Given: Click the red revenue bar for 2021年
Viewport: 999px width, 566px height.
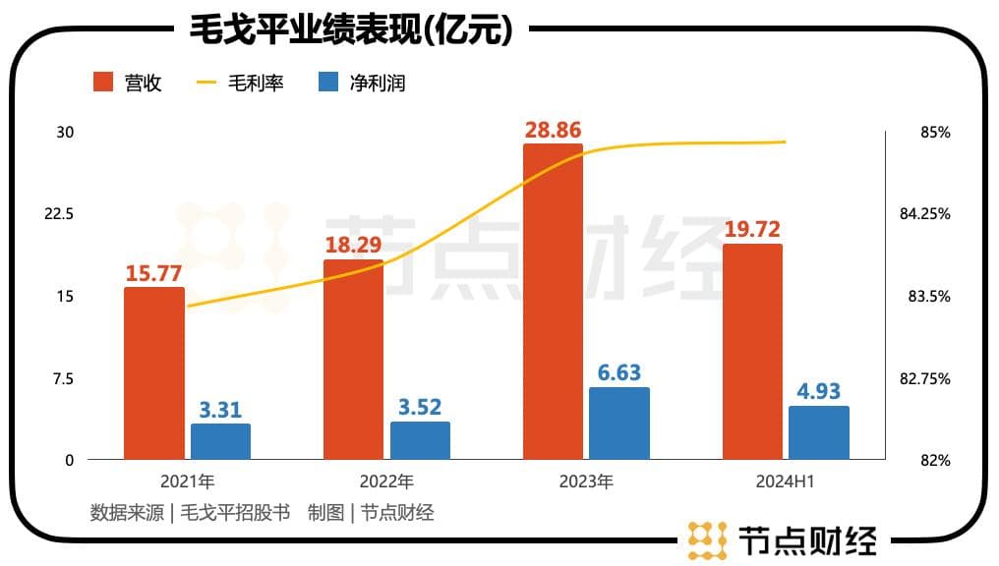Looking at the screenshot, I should (154, 373).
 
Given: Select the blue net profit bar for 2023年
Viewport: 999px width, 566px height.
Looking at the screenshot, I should (619, 424).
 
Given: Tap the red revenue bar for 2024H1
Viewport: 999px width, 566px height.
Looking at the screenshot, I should (752, 352).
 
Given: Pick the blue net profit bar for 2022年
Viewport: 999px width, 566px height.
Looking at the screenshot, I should (420, 440).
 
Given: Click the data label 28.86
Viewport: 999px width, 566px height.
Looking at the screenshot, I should (552, 129).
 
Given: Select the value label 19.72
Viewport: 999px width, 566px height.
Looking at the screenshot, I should (752, 229).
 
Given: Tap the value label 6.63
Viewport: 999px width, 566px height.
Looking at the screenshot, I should (619, 372).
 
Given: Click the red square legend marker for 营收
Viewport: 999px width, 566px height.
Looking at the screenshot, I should (104, 83).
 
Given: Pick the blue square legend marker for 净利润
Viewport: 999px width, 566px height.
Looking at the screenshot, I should (329, 83).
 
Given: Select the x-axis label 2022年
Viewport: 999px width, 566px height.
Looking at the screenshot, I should (386, 482).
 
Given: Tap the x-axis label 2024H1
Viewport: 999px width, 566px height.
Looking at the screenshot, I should (786, 482).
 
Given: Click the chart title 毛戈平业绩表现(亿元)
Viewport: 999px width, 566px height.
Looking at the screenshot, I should (351, 30).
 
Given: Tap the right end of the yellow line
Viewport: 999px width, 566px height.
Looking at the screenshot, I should (786, 141).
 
